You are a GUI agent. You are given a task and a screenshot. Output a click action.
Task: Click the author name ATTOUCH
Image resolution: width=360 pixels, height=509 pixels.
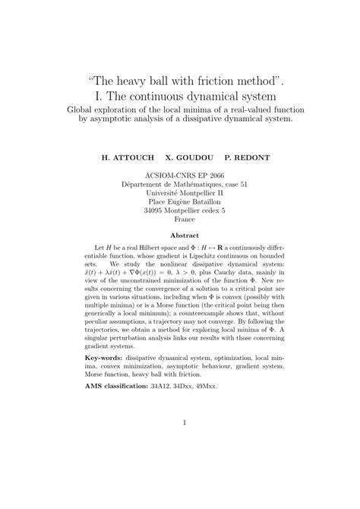pos(130,161)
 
